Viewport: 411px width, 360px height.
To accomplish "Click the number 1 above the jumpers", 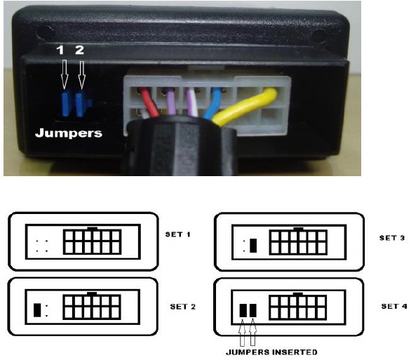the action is tap(60, 50).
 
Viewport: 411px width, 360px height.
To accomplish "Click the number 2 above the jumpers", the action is tap(79, 50).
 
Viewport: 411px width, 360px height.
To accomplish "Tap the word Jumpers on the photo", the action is tap(69, 133).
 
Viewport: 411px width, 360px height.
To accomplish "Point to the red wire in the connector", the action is tap(149, 102).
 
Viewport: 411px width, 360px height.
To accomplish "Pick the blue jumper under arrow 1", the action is tap(65, 104).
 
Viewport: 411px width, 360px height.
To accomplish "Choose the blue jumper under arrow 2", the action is tap(82, 104).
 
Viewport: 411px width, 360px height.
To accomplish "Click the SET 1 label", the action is tap(177, 234).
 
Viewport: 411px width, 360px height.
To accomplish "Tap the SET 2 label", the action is tap(182, 307).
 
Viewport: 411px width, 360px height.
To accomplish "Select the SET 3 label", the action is tap(392, 238).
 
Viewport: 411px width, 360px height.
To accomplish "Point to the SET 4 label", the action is tap(394, 306).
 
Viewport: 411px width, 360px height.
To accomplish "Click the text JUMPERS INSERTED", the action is tap(271, 352).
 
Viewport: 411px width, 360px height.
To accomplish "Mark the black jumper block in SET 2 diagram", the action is tap(37, 310).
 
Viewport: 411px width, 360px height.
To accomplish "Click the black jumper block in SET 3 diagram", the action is tap(253, 246).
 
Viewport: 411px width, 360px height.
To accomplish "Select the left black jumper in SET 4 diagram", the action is tap(243, 310).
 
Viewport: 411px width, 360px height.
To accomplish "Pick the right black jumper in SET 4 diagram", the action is tap(252, 310).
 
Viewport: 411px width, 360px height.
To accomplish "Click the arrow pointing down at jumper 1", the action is tap(65, 74).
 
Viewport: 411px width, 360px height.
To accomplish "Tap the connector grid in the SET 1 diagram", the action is tap(93, 241).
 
